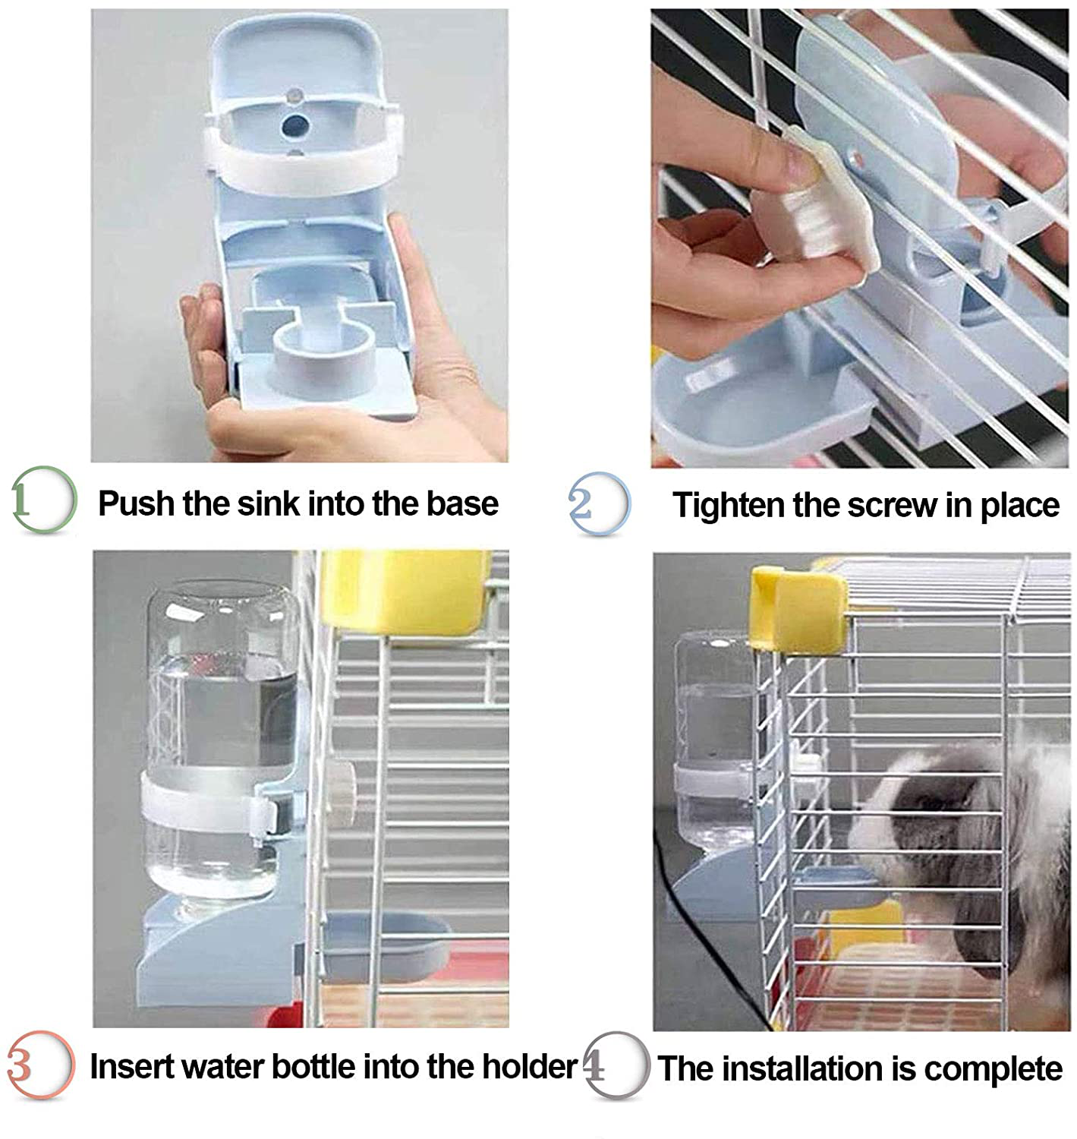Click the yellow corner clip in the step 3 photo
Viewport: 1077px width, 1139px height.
pos(406,592)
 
